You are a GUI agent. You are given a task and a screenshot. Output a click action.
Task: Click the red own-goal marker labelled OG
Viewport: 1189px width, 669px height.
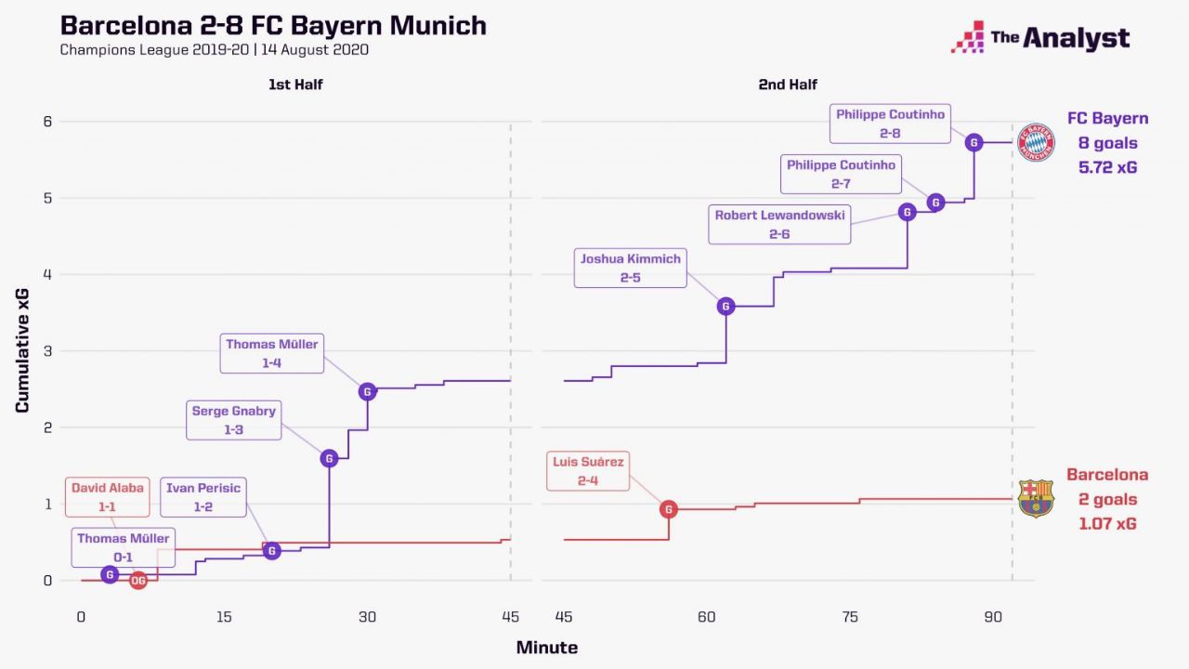(138, 581)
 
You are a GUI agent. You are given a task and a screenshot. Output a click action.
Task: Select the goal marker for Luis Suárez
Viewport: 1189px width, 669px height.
(669, 509)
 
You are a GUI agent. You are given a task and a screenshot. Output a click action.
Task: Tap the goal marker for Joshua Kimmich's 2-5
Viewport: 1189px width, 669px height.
(726, 306)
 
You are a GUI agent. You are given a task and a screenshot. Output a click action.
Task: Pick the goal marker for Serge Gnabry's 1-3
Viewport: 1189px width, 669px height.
(328, 458)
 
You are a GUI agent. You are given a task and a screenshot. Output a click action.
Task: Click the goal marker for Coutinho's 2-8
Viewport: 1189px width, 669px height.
(973, 142)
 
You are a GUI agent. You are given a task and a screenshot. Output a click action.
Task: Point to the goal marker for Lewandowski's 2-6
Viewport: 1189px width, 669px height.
(908, 212)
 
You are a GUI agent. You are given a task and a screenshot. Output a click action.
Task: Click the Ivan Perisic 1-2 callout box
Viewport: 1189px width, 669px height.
(203, 497)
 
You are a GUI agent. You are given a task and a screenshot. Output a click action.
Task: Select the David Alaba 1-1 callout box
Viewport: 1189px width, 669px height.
(108, 497)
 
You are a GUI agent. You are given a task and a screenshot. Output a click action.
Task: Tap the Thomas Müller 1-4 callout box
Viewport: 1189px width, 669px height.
(272, 353)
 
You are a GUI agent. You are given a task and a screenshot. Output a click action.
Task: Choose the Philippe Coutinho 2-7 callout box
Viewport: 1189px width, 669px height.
(842, 174)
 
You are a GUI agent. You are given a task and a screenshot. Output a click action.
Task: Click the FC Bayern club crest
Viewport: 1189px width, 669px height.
(1036, 143)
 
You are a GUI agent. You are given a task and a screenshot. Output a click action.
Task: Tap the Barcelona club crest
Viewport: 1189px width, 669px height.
(1036, 499)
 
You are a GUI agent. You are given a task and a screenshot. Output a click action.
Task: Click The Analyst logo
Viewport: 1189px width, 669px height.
(1040, 38)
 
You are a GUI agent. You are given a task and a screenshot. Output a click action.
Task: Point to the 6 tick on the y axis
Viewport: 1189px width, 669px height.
(48, 121)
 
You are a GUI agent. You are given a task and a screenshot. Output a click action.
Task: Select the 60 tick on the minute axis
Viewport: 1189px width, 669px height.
(707, 617)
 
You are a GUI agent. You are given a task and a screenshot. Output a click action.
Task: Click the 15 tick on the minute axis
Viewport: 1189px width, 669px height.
(224, 617)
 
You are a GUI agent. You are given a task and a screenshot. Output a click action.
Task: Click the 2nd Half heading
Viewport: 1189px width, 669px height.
(787, 85)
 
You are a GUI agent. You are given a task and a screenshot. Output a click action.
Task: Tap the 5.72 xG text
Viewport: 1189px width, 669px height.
(1107, 168)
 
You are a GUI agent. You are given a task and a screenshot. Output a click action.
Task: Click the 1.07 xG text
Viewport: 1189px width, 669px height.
(1107, 524)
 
